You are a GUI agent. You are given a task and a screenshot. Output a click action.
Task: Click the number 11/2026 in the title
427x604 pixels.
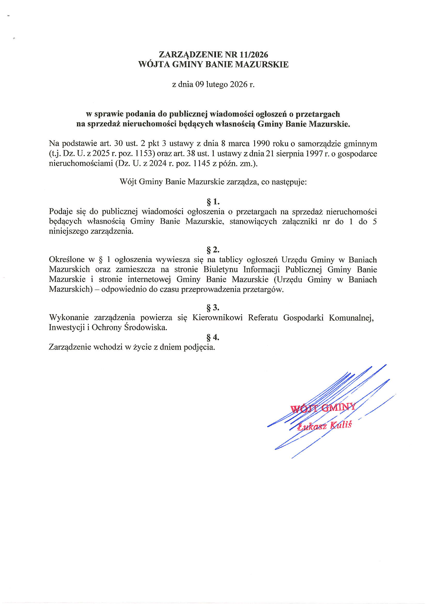pos(254,55)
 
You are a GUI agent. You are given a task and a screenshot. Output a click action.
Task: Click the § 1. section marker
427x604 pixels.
pos(213,202)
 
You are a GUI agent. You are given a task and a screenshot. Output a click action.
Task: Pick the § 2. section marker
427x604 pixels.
pos(213,249)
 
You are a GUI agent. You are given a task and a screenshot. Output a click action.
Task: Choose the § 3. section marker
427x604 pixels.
pos(213,307)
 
